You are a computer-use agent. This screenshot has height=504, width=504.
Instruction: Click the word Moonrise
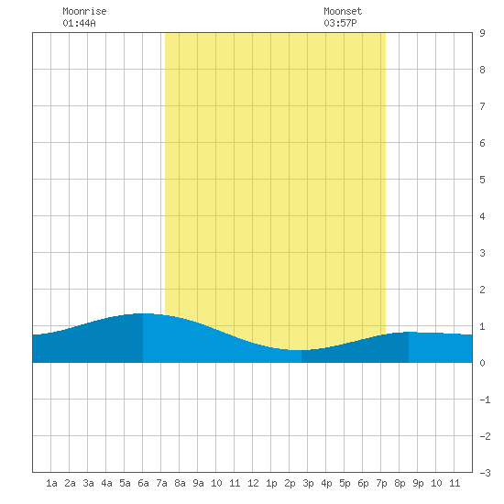pyautogui.click(x=84, y=11)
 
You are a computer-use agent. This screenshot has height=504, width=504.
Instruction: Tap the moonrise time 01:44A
pyautogui.click(x=79, y=23)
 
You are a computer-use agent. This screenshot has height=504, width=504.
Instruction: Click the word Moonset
pyautogui.click(x=343, y=11)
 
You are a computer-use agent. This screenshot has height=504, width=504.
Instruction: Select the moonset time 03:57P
pyautogui.click(x=340, y=23)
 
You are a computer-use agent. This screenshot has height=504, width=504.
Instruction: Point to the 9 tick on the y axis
pyautogui.click(x=482, y=33)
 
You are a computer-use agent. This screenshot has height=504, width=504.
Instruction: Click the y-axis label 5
pyautogui.click(x=482, y=180)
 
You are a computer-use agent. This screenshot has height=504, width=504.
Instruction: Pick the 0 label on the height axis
pyautogui.click(x=482, y=363)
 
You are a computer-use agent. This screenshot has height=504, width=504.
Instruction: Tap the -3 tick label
pyautogui.click(x=485, y=473)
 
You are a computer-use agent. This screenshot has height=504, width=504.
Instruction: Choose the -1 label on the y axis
pyautogui.click(x=485, y=400)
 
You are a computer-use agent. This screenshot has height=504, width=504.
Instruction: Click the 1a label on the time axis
pyautogui.click(x=51, y=483)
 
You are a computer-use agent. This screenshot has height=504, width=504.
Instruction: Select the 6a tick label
pyautogui.click(x=143, y=483)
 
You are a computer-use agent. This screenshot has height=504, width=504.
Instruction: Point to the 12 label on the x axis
pyautogui.click(x=253, y=483)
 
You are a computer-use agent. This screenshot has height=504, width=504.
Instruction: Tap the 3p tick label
pyautogui.click(x=308, y=483)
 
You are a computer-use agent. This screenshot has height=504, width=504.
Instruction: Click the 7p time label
pyautogui.click(x=381, y=483)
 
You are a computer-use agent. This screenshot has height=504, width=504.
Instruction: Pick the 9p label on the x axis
pyautogui.click(x=418, y=483)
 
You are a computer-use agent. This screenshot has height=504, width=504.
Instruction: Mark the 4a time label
pyautogui.click(x=106, y=483)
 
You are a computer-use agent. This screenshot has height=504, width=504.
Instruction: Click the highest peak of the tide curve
pyautogui.click(x=143, y=313)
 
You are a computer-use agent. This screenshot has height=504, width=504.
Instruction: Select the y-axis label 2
pyautogui.click(x=482, y=290)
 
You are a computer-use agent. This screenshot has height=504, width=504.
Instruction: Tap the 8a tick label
pyautogui.click(x=180, y=483)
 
